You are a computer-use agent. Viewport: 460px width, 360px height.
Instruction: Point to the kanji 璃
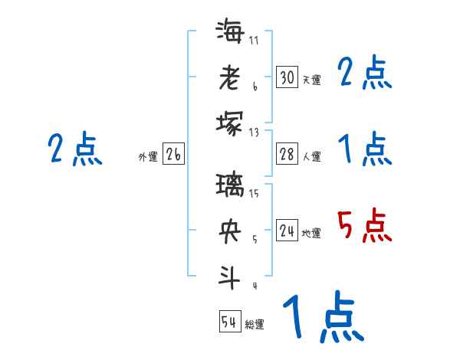pyautogui.click(x=230, y=187)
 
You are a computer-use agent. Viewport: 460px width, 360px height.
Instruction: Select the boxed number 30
pyautogui.click(x=287, y=77)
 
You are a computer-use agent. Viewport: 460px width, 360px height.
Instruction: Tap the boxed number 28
pyautogui.click(x=287, y=154)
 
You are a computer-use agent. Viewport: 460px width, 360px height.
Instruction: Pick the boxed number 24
pyautogui.click(x=287, y=231)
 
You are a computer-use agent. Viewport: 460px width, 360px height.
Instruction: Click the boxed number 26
pyautogui.click(x=173, y=155)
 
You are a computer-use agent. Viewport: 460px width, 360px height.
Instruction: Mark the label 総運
pyautogui.click(x=255, y=325)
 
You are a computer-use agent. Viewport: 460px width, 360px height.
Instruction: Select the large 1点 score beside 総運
pyautogui.click(x=322, y=317)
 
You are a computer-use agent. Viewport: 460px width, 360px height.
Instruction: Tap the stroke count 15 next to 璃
pyautogui.click(x=254, y=193)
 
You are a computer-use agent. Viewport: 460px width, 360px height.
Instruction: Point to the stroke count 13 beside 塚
pyautogui.click(x=254, y=132)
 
